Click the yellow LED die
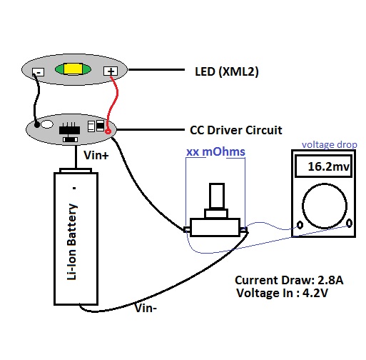coord(73,69)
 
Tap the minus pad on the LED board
coord(39,72)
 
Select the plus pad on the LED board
coord(111,71)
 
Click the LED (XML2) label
coord(227,71)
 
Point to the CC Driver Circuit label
coord(236,130)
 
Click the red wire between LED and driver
coord(111,103)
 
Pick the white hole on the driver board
coord(47,124)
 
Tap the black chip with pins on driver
coord(69,129)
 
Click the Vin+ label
coord(96,156)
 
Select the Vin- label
coord(146,308)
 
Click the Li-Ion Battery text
coord(72,241)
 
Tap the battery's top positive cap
coord(76,171)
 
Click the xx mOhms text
coord(215,152)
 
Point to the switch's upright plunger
coord(217,196)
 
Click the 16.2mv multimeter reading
coord(328,166)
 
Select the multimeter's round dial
coord(325,206)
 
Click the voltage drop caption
coord(330,145)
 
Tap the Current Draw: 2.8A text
coord(289,280)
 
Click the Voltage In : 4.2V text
coord(283,293)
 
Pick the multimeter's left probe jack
coord(300,225)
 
